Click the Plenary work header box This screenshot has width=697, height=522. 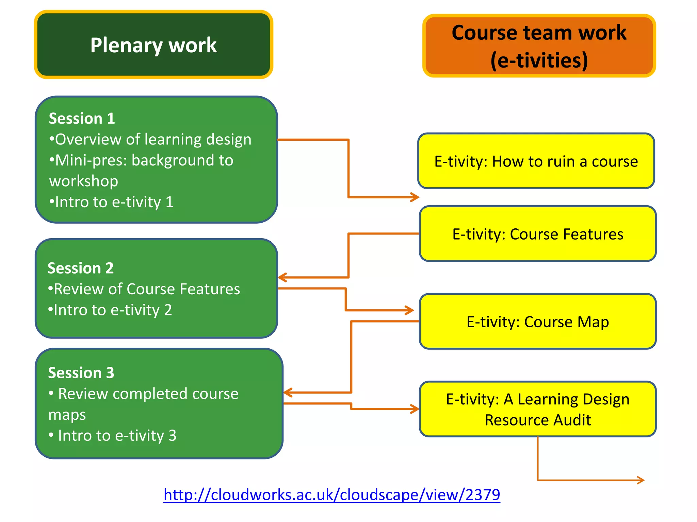coord(153,45)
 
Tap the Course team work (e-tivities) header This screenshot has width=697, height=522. coord(539,46)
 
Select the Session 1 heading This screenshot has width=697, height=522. coord(82,118)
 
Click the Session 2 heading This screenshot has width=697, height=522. coord(80,268)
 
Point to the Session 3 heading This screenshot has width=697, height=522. coord(81,373)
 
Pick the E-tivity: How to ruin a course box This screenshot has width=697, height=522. coord(536,161)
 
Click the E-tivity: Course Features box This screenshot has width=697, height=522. coord(538,234)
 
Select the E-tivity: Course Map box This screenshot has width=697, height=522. coord(538,321)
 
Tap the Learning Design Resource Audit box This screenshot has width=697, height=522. coord(538,409)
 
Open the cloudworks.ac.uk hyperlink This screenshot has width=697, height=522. coord(332,494)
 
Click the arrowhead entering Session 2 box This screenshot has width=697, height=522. coord(282,277)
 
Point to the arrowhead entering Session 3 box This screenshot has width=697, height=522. coord(288,393)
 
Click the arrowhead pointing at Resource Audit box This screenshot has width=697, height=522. coord(415,409)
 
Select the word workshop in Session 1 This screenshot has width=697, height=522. coord(84,181)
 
